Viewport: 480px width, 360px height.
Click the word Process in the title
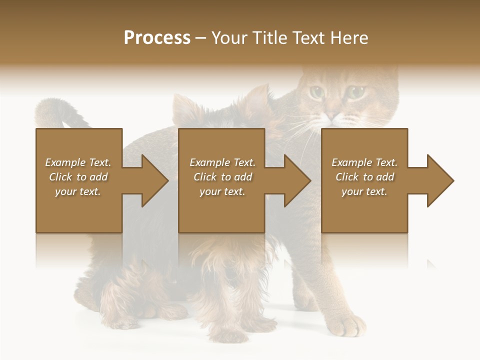click(157, 38)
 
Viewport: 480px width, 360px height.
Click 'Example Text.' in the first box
click(78, 162)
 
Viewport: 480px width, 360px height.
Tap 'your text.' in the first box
click(78, 191)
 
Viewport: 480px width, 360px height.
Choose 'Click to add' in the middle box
click(222, 177)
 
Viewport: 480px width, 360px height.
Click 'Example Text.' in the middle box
click(222, 162)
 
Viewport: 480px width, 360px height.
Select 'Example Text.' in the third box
click(364, 162)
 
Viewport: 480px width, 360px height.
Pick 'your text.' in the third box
click(364, 191)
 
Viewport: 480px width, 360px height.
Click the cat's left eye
click(316, 92)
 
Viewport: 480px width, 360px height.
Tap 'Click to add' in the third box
click(364, 177)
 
